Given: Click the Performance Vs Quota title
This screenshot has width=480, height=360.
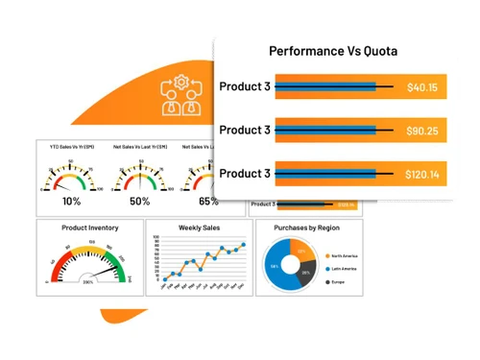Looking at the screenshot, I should [x=332, y=51].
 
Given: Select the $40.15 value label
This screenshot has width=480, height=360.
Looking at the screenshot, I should [x=421, y=87].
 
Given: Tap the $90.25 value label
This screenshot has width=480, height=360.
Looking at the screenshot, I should [x=421, y=131].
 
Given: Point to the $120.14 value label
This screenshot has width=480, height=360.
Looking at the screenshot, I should [x=421, y=174].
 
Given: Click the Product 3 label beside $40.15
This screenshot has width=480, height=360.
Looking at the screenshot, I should [x=245, y=87].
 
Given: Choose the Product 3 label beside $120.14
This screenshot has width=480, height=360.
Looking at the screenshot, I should [x=245, y=174].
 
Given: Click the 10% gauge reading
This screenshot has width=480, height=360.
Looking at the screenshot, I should [x=71, y=202].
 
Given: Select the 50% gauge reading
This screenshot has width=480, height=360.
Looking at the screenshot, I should [x=140, y=202].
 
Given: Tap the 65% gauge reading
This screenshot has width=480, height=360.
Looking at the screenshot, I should [x=208, y=202].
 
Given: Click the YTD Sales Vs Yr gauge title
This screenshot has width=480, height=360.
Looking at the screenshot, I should [x=72, y=147].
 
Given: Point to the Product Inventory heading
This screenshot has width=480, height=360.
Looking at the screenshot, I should [x=88, y=228].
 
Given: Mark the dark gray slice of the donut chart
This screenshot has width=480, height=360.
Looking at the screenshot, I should [x=304, y=273].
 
